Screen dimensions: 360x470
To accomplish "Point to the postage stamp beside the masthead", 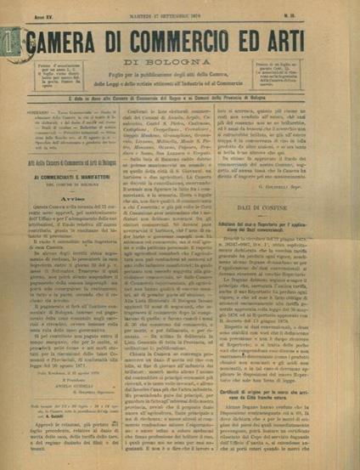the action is (9, 41).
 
